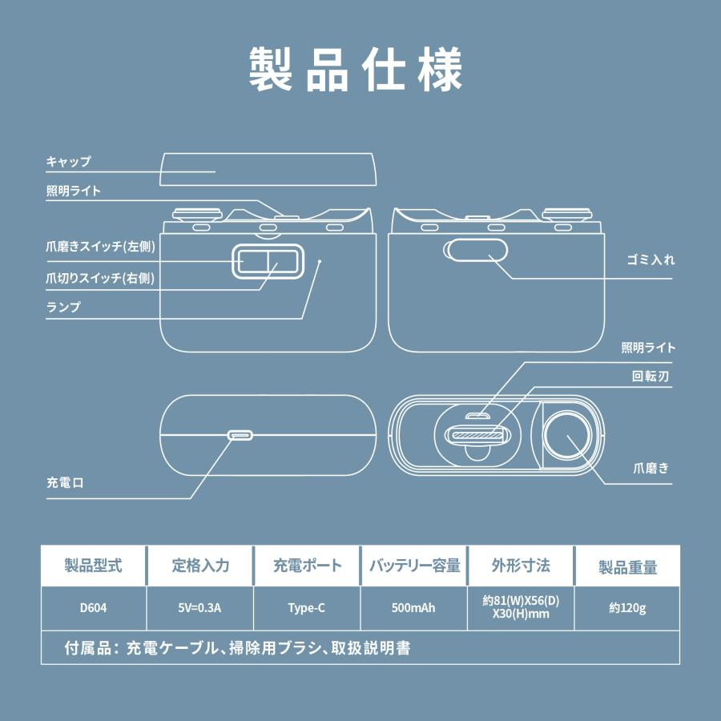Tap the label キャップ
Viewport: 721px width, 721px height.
click(69, 161)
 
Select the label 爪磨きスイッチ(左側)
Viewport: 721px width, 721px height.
click(100, 247)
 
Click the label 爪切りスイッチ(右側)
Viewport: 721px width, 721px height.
click(100, 278)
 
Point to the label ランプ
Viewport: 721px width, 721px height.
click(63, 307)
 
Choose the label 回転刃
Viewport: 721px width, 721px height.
click(650, 377)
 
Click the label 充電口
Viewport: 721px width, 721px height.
click(66, 483)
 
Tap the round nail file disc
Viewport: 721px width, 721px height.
click(568, 437)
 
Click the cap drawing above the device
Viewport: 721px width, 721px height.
click(268, 168)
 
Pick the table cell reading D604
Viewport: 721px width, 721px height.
click(94, 608)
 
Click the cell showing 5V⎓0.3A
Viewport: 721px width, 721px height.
click(200, 608)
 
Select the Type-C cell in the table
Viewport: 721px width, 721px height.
click(307, 608)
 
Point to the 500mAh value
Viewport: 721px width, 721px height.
click(414, 608)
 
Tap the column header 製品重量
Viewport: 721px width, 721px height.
click(627, 566)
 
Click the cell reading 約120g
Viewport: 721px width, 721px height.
click(627, 608)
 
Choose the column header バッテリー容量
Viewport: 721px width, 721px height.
click(414, 566)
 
